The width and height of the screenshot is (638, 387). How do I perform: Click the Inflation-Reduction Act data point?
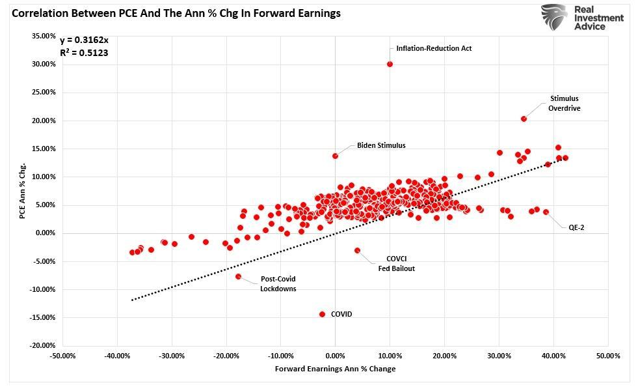(390, 64)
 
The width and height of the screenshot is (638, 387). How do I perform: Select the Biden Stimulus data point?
(335, 156)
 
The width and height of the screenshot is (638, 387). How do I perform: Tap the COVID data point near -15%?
(322, 314)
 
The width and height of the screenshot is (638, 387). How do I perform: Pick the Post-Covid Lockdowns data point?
(238, 276)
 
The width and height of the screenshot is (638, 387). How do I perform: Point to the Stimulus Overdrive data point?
(524, 119)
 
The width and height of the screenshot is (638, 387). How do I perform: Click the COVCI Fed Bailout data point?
(357, 250)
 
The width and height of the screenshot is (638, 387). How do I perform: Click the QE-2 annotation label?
(576, 227)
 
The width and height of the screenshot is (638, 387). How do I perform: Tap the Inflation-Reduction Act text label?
(434, 48)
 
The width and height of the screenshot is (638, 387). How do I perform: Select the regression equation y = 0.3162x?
(84, 40)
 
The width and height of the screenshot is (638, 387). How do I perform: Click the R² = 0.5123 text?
(84, 53)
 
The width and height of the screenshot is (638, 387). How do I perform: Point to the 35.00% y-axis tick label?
(44, 36)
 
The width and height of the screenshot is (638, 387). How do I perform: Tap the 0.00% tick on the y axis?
(45, 233)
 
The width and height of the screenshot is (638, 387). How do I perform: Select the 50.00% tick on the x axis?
(607, 356)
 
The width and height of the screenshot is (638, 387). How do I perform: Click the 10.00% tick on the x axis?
(390, 356)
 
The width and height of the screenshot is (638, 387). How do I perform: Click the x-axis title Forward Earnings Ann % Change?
(335, 369)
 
